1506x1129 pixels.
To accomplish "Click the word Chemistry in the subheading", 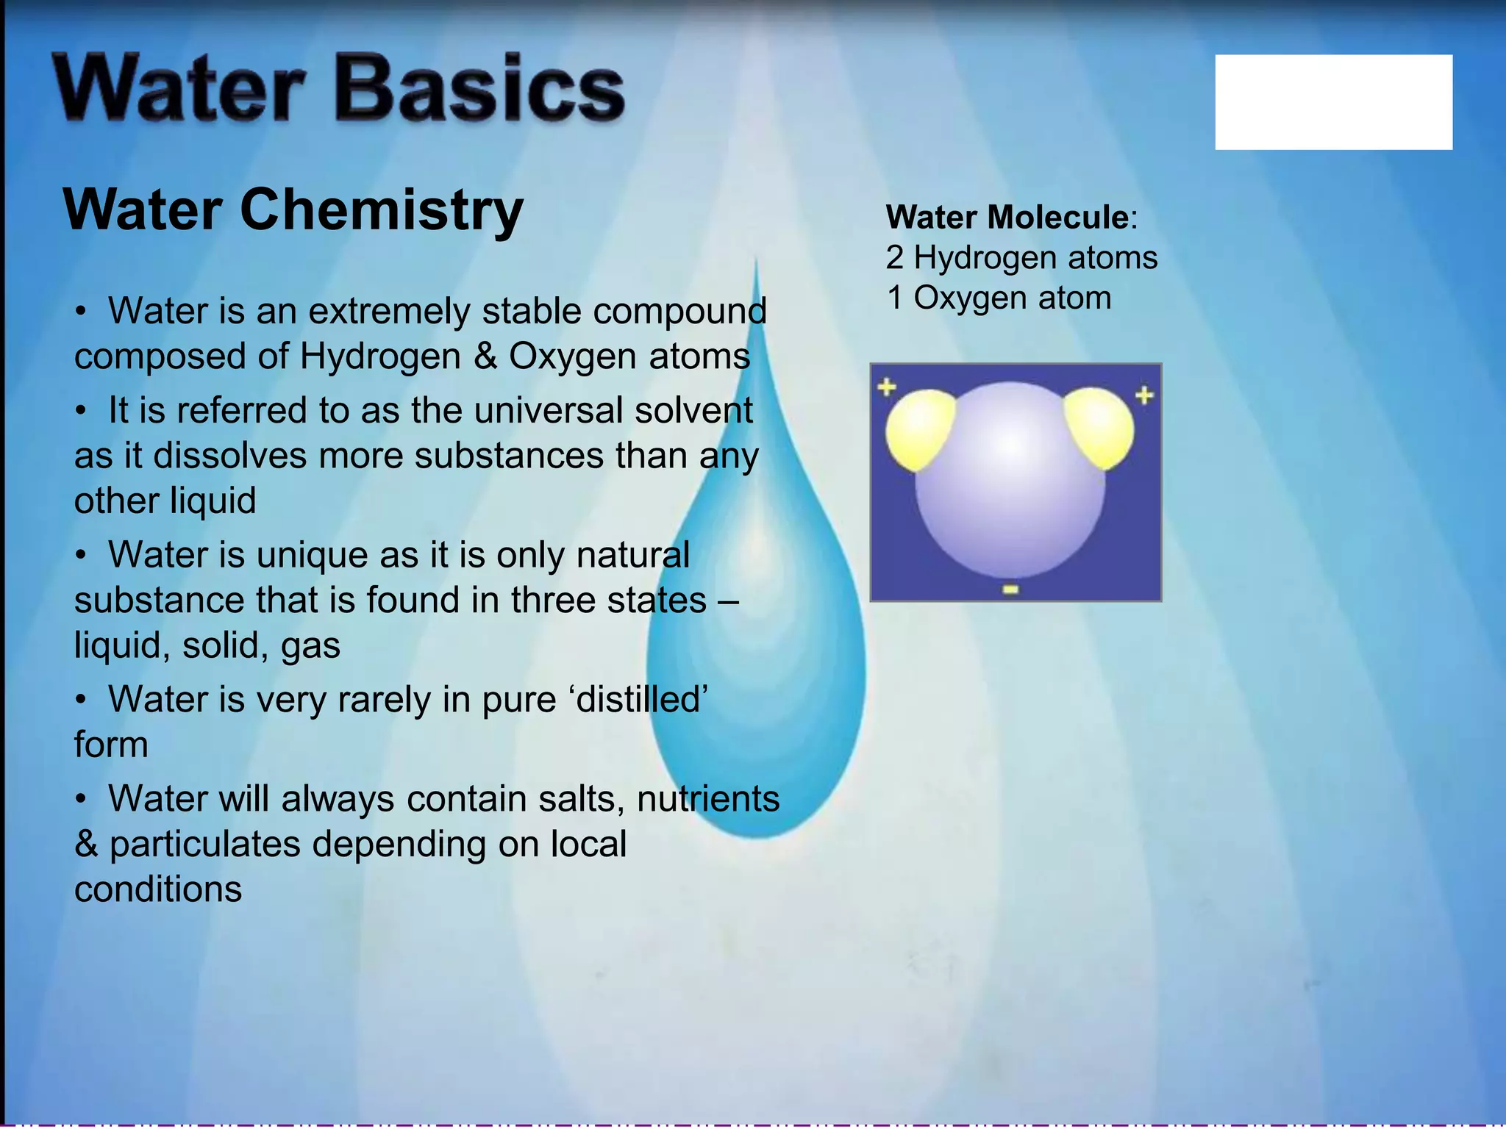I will pos(382,210).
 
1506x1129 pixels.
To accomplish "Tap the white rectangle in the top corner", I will pos(1333,102).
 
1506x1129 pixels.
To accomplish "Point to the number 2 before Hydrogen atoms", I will pos(894,258).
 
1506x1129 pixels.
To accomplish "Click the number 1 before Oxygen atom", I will pos(894,298).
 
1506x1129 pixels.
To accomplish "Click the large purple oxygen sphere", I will pos(1010,485).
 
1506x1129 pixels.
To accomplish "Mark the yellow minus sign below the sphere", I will pos(1010,589).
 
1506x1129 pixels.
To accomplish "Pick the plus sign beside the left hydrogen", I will pos(887,387).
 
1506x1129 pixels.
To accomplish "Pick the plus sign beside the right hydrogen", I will pos(1144,395).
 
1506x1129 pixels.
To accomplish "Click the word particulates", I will pos(205,845).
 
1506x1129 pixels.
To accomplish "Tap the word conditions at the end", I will pos(158,889).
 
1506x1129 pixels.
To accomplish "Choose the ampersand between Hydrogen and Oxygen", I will pos(485,356).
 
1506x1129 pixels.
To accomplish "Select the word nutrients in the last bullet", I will pos(708,799).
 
